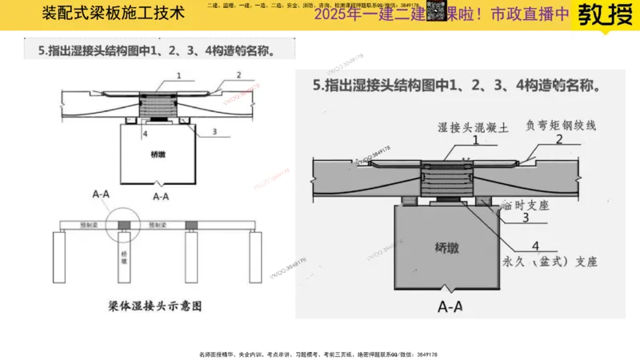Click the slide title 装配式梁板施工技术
click(113, 14)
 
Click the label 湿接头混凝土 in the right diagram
click(475, 126)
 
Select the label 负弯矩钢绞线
click(561, 126)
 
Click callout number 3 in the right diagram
click(525, 217)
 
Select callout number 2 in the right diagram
click(558, 139)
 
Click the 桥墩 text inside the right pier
click(447, 247)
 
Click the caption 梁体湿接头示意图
click(154, 306)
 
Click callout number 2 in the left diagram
click(238, 75)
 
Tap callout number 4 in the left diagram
click(146, 134)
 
